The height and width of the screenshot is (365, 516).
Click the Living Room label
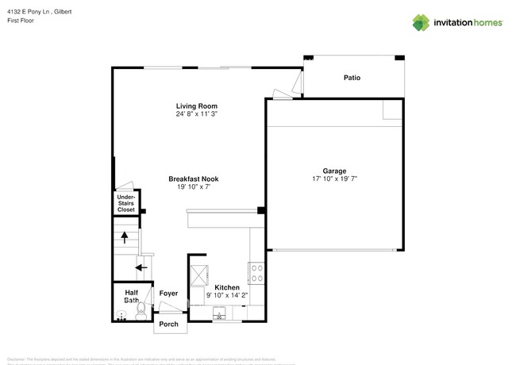pos(196,106)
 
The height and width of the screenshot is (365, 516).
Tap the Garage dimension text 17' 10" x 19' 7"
pos(333,179)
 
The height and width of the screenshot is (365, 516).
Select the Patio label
pos(352,78)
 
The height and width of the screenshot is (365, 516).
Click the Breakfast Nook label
pos(193,179)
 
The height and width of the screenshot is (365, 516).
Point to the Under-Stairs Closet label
pos(126,203)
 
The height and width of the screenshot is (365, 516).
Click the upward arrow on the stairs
pos(124,236)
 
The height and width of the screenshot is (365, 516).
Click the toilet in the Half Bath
pos(140,313)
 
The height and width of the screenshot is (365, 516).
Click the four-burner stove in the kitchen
pos(257,274)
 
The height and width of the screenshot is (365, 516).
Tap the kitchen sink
pos(220,317)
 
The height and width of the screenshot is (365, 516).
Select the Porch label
pos(169,325)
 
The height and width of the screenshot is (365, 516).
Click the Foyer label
pos(168,294)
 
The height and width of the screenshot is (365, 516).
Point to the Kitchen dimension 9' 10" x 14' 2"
pos(227,295)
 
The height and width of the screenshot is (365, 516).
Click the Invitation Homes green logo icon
pos(420,22)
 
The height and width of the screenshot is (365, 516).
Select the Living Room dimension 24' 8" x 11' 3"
pos(196,114)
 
